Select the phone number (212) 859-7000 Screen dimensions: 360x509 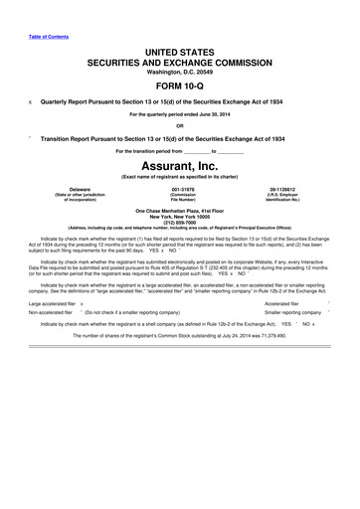pos(179,223)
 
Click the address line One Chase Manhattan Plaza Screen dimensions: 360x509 pos(179,211)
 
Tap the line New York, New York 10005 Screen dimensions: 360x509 pos(179,217)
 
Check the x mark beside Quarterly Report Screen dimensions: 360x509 pos(31,100)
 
